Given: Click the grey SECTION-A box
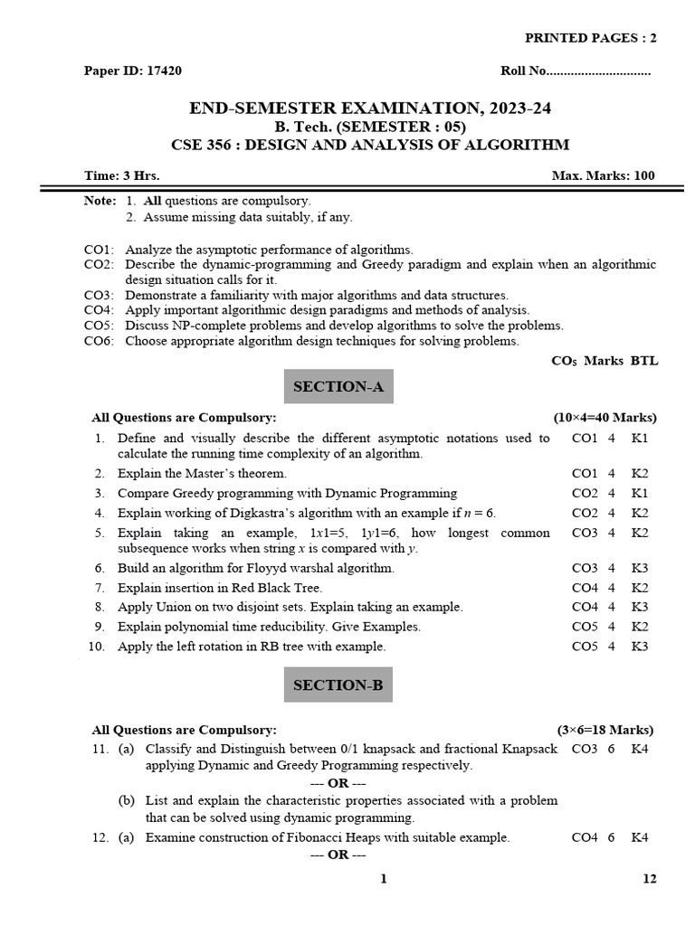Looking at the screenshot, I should [338, 387].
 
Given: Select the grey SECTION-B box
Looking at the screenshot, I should [338, 685].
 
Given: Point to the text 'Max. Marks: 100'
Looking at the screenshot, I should [604, 175].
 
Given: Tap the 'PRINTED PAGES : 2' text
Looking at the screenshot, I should [592, 37].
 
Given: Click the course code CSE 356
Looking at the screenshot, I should [198, 144].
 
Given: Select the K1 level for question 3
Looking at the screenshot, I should [641, 493].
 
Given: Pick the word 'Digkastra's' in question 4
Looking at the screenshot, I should [239, 513].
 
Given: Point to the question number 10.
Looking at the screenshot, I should [97, 646].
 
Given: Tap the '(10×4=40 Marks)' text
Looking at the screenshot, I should [605, 417].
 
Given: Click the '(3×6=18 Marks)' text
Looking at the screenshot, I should [605, 730].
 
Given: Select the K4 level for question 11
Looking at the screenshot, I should [641, 749].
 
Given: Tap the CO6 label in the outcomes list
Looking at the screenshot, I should [98, 341].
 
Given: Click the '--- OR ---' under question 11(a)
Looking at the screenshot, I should [338, 783].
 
